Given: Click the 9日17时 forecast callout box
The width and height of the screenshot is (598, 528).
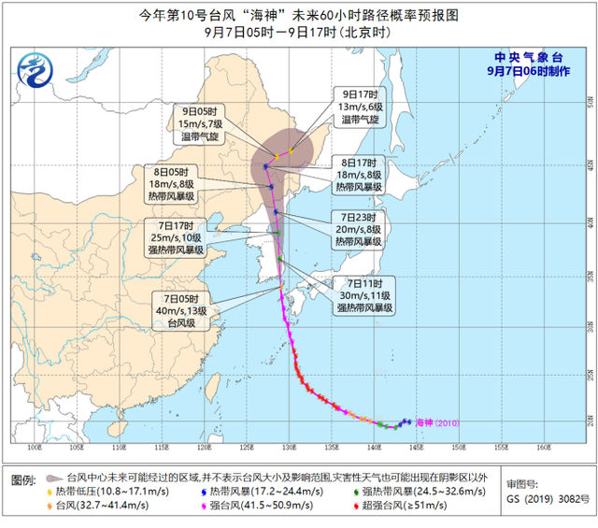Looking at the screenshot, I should point(361,107).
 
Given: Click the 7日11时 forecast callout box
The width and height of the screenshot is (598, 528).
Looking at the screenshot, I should point(364,294).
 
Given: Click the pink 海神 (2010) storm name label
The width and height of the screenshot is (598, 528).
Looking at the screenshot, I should point(438,423).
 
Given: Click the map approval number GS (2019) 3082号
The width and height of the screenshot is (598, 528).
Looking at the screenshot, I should point(550,500).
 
